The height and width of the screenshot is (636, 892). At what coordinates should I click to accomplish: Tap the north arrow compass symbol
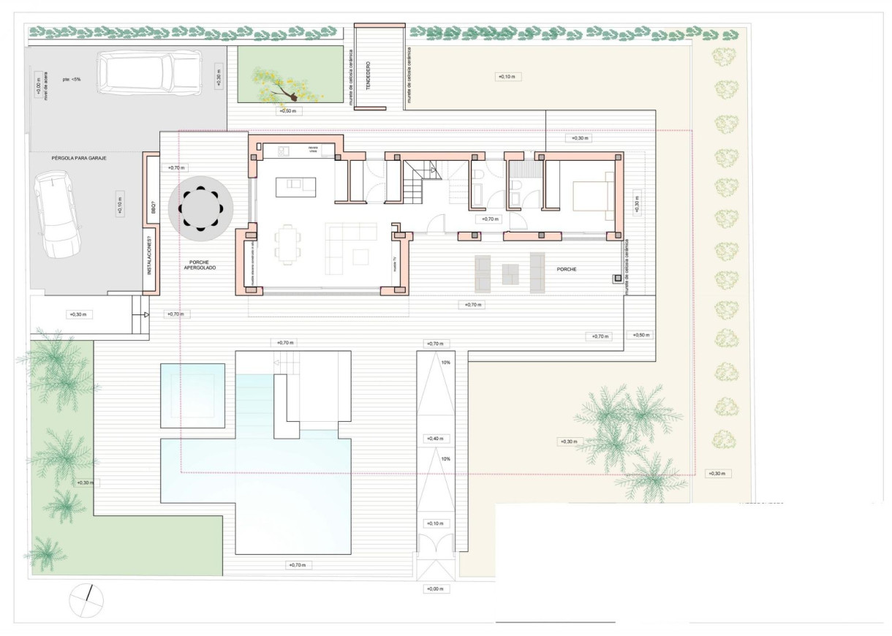[86, 601]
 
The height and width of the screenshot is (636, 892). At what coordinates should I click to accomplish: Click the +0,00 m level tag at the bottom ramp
[437, 588]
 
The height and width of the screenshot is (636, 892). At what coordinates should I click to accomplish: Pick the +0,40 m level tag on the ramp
[437, 439]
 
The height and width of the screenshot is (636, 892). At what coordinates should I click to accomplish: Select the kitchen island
[295, 187]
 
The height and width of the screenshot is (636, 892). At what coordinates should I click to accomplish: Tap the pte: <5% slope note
[71, 79]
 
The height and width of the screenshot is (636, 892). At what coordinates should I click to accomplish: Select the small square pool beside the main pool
[192, 395]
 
